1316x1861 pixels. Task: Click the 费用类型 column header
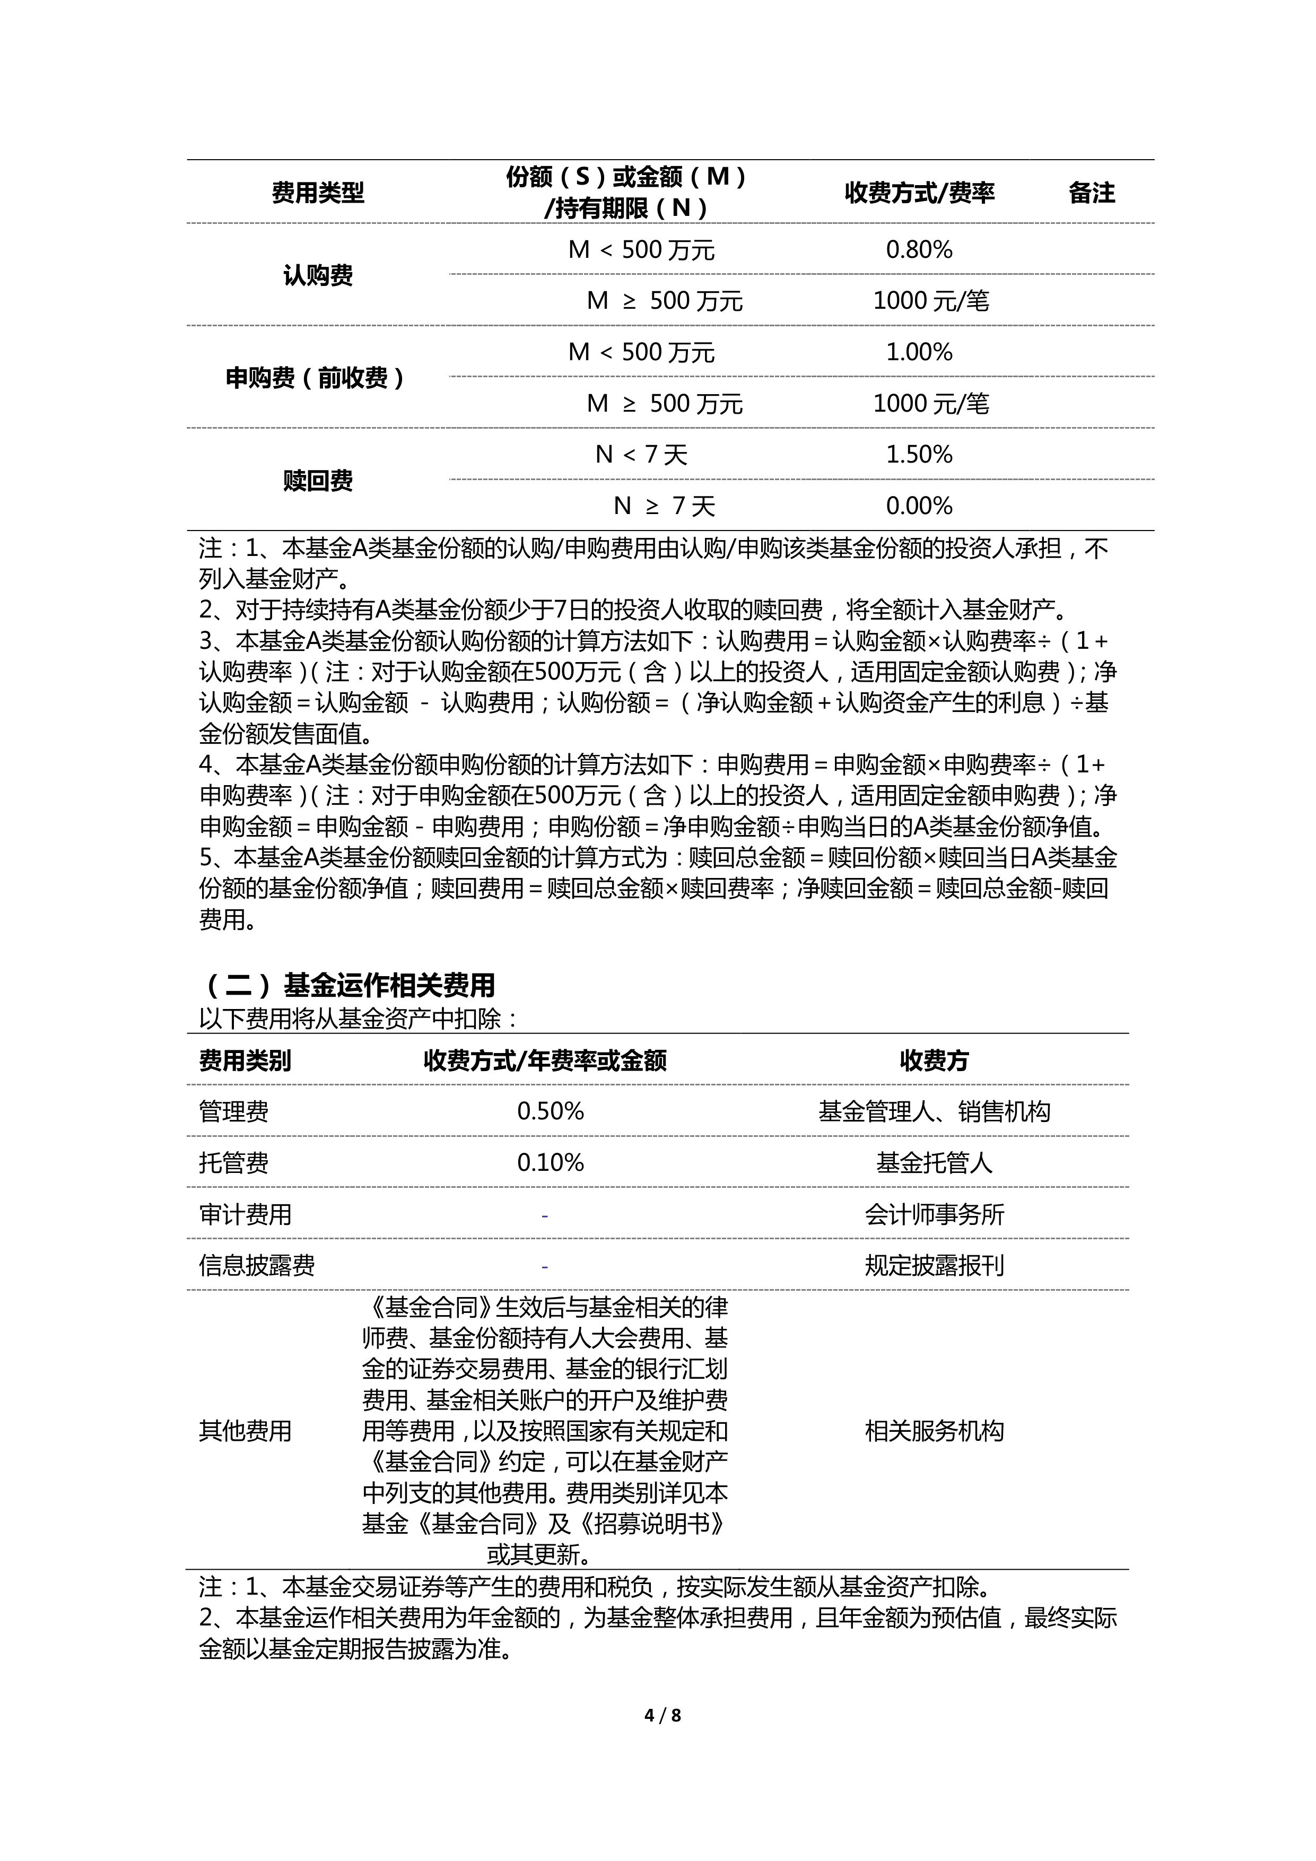[x=318, y=193]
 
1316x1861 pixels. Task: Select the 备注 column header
[x=1092, y=193]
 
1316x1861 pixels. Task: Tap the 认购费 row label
[x=318, y=275]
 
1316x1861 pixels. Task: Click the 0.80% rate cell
[x=919, y=250]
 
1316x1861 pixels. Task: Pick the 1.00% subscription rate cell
[x=919, y=352]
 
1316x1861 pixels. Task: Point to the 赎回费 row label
[x=318, y=481]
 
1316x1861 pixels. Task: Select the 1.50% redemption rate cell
[x=919, y=455]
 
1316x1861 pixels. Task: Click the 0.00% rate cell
[x=919, y=506]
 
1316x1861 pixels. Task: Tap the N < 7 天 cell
[x=641, y=455]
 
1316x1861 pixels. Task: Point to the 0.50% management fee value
[x=550, y=1111]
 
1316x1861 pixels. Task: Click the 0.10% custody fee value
[x=550, y=1163]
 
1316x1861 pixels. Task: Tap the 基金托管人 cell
[x=934, y=1163]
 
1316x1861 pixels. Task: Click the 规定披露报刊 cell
[x=934, y=1265]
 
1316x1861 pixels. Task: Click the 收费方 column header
[x=934, y=1060]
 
